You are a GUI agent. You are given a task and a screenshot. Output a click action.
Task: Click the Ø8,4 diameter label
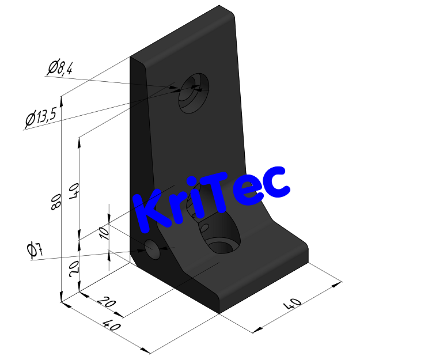coord(60,69)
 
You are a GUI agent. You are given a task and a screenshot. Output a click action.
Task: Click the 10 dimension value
coord(104,232)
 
